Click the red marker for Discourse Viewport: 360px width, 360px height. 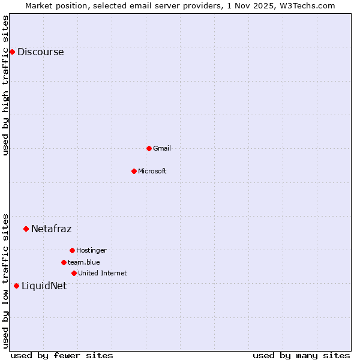coord(12,52)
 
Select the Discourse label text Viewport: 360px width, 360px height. coord(40,52)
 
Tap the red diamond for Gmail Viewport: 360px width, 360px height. coord(149,148)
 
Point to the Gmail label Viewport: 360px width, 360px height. coord(161,148)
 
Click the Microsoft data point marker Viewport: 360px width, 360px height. coord(134,171)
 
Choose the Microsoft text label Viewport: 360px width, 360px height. coord(152,171)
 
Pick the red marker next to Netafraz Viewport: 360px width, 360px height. coord(26,229)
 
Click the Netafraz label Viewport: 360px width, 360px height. coord(51,229)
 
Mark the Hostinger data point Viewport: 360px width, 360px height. coord(72,250)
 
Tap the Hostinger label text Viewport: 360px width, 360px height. coord(91,250)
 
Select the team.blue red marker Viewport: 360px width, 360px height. coord(64,262)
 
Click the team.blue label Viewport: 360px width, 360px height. coord(83,262)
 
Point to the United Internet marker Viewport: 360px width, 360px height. coord(74,273)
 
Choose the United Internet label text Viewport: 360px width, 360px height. coord(102,273)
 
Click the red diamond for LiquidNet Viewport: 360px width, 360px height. coord(16,286)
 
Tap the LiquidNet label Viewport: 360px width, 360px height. coord(44,286)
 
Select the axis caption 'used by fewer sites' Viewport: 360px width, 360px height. coord(62,355)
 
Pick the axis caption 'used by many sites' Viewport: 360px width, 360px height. coord(301,355)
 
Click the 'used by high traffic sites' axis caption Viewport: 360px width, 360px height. coord(6,85)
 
